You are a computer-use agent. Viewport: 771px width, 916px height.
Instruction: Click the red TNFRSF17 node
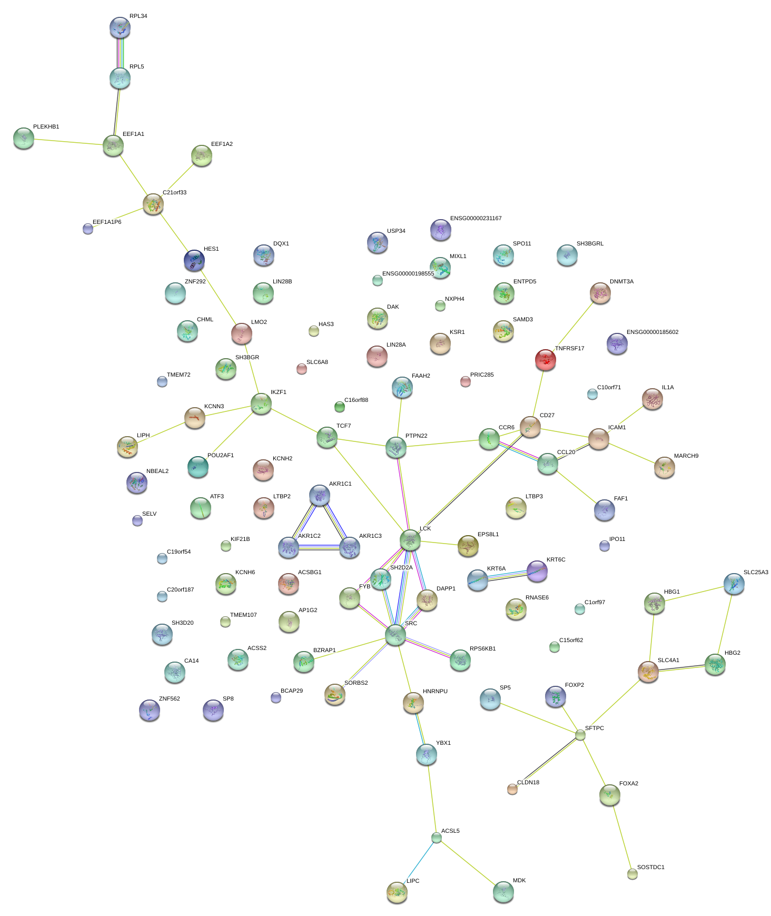545,360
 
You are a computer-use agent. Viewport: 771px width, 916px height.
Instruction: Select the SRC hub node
395,635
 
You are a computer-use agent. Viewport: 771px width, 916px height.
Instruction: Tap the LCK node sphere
410,540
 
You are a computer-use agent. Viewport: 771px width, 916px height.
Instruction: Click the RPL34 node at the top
120,27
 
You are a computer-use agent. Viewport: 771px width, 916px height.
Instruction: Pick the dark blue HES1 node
194,261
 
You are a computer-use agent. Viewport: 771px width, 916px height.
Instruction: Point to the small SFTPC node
580,735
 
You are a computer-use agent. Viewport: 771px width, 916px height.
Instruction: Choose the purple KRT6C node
537,571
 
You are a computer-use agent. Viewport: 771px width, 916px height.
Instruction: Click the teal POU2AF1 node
198,467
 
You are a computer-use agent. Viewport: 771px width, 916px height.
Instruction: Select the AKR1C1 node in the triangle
319,495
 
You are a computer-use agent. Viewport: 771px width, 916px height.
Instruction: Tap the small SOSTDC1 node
632,874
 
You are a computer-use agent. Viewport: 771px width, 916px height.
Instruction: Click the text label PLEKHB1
46,127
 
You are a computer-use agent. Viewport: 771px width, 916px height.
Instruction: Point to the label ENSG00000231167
476,219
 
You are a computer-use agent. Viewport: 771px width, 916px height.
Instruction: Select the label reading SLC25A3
755,573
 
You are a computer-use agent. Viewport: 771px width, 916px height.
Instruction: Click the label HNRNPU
435,692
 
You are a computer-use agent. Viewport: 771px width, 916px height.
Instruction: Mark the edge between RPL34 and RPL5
120,53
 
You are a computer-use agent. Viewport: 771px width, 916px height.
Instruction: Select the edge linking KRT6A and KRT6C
507,575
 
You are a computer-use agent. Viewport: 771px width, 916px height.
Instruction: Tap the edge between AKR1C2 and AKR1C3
319,548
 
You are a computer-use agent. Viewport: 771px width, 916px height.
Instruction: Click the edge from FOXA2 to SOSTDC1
621,834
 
